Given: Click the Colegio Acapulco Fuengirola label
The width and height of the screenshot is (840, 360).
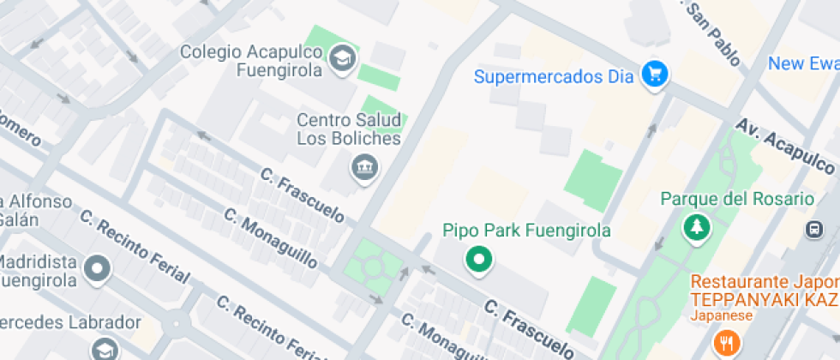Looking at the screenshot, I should pyautogui.click(x=251, y=61).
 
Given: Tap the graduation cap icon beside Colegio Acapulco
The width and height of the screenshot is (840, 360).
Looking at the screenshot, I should pyautogui.click(x=343, y=59).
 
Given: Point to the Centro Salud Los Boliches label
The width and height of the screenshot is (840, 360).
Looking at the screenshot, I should pyautogui.click(x=349, y=129).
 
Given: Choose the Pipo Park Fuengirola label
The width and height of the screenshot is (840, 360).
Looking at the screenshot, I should pyautogui.click(x=526, y=231).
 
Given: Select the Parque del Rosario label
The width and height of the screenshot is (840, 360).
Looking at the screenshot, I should pyautogui.click(x=737, y=199).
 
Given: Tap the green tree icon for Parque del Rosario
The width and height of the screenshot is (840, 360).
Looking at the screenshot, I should pyautogui.click(x=693, y=228).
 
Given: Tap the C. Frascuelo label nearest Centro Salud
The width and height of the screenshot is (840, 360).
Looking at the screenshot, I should pyautogui.click(x=303, y=195).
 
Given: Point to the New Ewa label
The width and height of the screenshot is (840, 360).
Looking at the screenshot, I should pyautogui.click(x=803, y=64).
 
